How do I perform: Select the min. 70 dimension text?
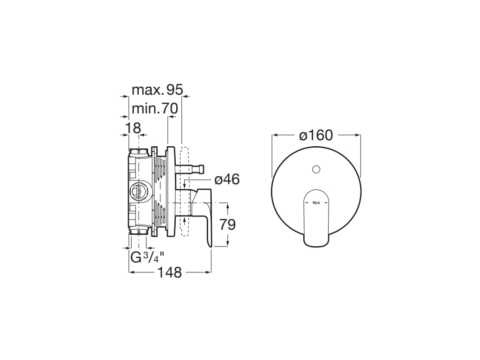click(x=154, y=109)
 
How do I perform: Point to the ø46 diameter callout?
click(x=227, y=179)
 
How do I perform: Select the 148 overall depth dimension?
click(x=170, y=272)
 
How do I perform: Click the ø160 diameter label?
click(x=316, y=135)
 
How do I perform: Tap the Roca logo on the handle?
click(x=316, y=202)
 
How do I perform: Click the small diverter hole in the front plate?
click(x=316, y=169)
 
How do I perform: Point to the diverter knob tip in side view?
click(x=202, y=168)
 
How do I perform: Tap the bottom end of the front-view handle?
click(x=316, y=244)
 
